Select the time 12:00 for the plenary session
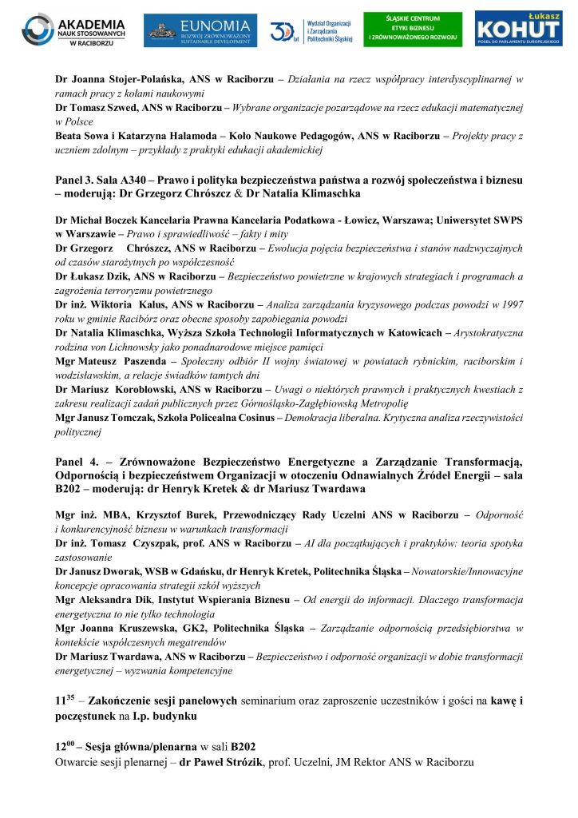click(x=64, y=745)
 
